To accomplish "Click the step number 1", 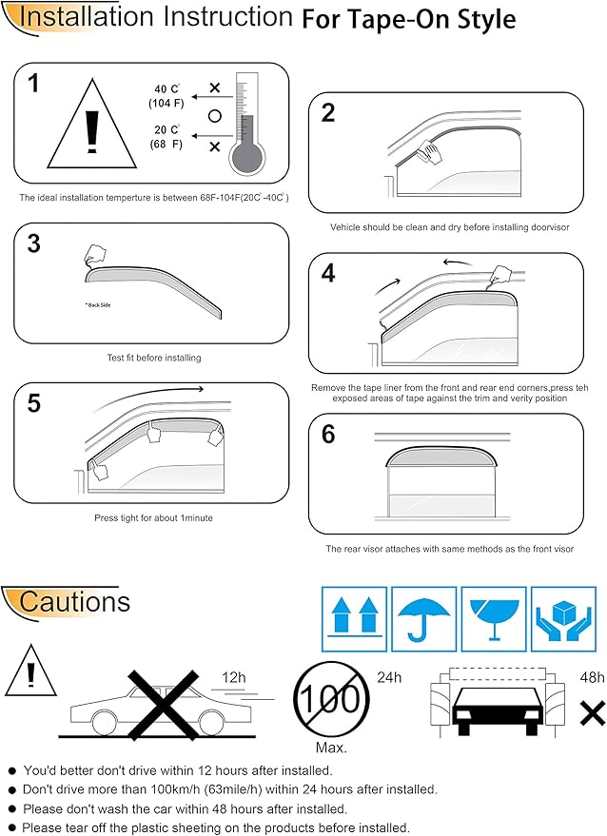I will click(x=34, y=84).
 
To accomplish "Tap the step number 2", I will click(x=329, y=113).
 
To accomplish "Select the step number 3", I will click(x=34, y=243).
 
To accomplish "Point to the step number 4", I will click(x=329, y=274).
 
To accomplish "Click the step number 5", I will click(x=34, y=403).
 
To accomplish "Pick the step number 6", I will click(x=329, y=435).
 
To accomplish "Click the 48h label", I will click(x=592, y=677).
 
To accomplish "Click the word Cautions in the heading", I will click(x=74, y=602).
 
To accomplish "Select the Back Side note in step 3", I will click(x=98, y=306).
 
